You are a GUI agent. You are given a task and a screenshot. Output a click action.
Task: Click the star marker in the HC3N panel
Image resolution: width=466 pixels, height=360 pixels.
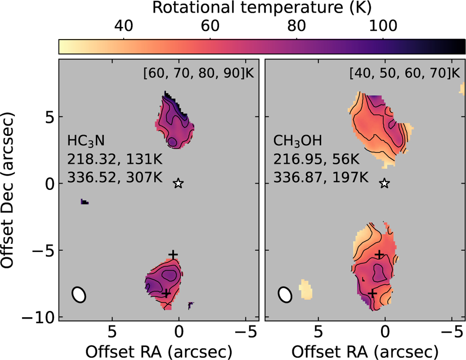(x=178, y=183)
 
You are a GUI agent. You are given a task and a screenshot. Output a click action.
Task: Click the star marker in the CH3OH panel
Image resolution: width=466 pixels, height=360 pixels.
(x=384, y=183)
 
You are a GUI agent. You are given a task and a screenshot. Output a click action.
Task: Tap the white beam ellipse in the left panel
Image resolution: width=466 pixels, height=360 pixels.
(x=79, y=294)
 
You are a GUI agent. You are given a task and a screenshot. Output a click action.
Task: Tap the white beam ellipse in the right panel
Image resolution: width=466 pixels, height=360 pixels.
(x=285, y=294)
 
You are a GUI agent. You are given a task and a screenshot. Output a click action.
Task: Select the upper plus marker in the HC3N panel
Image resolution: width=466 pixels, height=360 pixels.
(x=173, y=254)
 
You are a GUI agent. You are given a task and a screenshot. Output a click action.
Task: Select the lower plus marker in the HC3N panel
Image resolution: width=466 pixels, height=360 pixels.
(x=166, y=294)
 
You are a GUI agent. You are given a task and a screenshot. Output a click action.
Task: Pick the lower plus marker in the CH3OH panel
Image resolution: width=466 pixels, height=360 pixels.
(x=372, y=294)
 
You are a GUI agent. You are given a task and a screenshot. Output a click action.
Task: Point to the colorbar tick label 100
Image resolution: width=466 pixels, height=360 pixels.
(x=383, y=26)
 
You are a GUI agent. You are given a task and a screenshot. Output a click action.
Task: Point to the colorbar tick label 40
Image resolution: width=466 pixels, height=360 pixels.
(x=123, y=26)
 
